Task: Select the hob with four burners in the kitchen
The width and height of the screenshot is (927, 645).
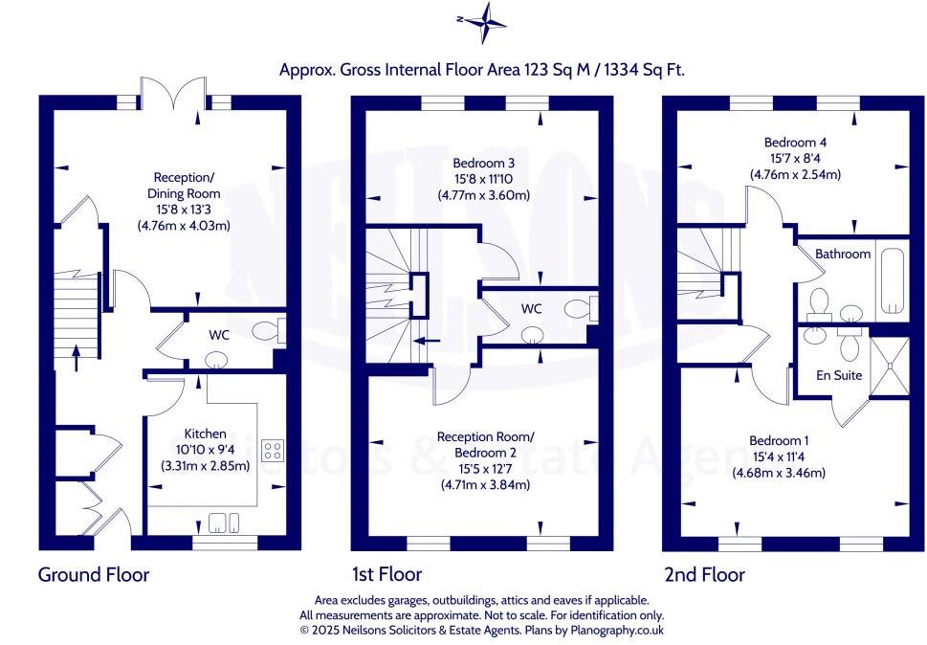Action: tap(273, 450)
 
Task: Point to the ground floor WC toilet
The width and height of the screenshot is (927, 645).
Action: tap(268, 331)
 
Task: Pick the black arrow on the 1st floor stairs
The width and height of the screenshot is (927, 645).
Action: tap(429, 339)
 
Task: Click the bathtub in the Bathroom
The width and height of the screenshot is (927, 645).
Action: tap(892, 281)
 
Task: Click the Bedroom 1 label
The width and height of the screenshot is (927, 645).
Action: tap(779, 440)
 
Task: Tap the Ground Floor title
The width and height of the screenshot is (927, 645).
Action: tap(94, 574)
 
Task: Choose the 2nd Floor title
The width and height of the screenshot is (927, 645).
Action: tap(704, 574)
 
